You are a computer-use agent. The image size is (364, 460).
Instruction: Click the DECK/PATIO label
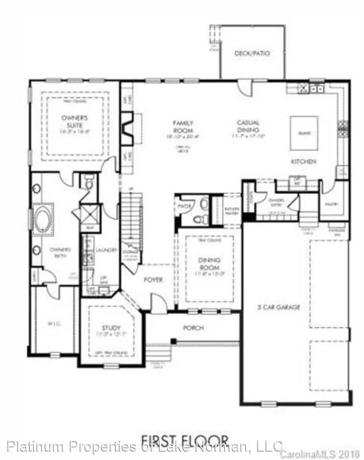[252, 54]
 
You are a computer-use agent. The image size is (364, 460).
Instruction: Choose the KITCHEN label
[303, 161]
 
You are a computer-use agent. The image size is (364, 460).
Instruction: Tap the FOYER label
[153, 279]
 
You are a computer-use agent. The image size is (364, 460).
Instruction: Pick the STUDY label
[108, 328]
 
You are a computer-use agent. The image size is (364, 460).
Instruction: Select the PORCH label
[193, 328]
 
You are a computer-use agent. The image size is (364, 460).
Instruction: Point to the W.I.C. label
[53, 323]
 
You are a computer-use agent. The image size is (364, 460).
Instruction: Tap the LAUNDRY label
[106, 250]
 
